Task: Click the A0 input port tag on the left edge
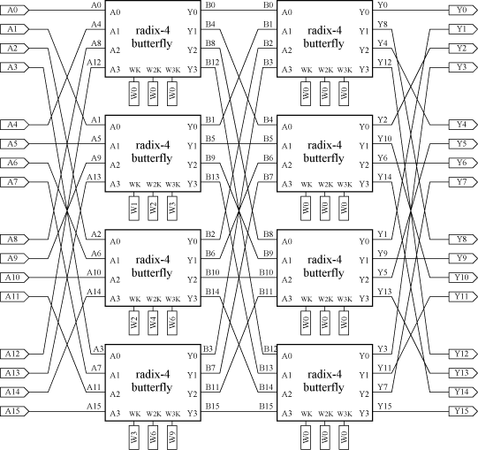click(14, 11)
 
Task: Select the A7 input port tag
click(14, 182)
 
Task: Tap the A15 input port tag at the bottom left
click(14, 411)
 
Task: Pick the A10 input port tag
click(14, 278)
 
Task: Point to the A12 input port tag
click(14, 354)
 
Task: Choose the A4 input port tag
click(14, 125)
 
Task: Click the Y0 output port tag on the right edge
click(463, 11)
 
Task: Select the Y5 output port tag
click(463, 144)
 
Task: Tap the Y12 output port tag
click(463, 354)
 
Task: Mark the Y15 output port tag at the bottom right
click(463, 411)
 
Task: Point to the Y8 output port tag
click(463, 240)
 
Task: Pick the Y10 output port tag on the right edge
click(463, 278)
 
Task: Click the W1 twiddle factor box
click(134, 208)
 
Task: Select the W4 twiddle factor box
click(153, 323)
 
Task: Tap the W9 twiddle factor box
click(172, 438)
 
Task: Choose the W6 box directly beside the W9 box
click(153, 438)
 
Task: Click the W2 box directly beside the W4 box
click(134, 323)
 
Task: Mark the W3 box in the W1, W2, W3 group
click(172, 208)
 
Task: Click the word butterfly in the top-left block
click(152, 43)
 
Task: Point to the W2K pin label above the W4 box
click(154, 299)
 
